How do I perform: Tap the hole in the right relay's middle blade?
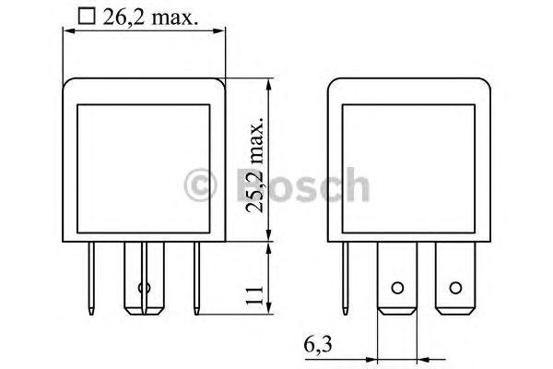pos(397,288)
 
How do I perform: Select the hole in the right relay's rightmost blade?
pos(453,288)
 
